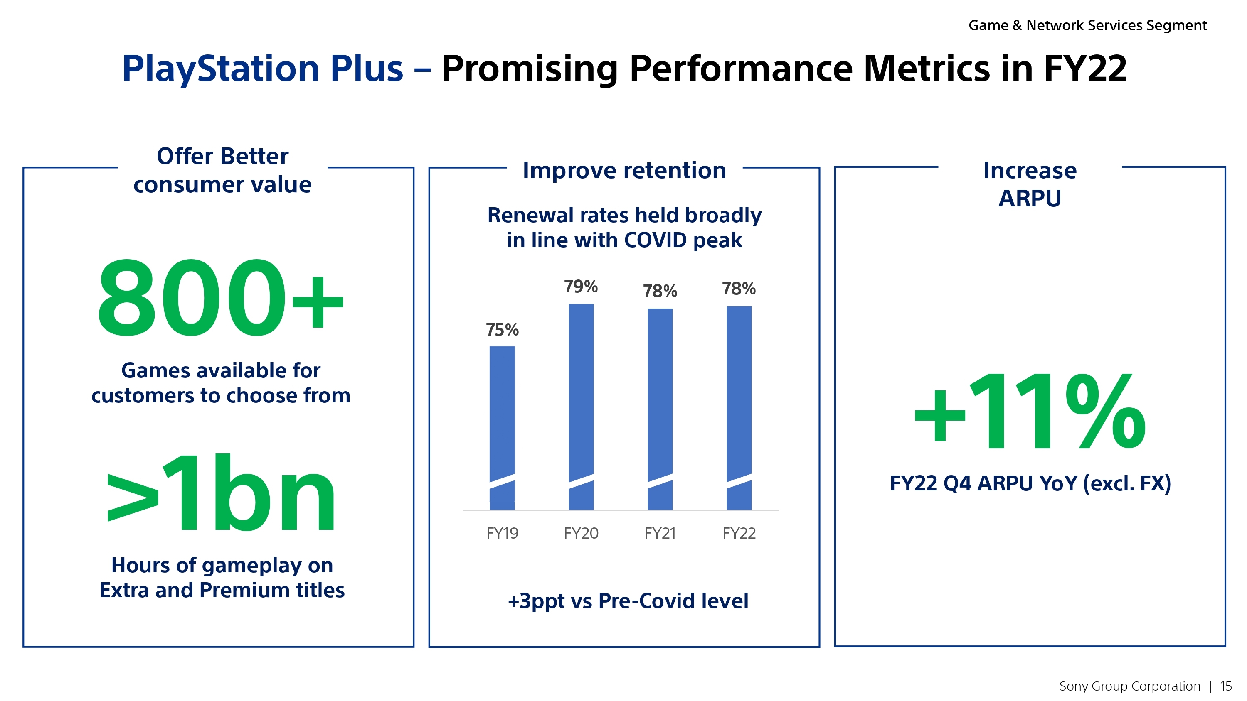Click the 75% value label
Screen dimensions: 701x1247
pos(502,330)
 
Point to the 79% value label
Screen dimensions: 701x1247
pos(581,287)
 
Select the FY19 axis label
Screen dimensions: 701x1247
pos(502,533)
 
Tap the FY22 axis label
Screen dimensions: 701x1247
pos(739,533)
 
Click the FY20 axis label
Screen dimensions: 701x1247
pos(581,533)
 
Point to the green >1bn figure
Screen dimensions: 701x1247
pos(220,493)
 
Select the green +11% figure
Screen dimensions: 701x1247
pos(1030,412)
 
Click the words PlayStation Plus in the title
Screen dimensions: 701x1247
pos(262,69)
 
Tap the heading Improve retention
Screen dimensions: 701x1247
pos(624,170)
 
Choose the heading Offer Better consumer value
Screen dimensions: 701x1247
pos(222,170)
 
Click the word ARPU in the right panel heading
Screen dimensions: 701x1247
pos(1030,199)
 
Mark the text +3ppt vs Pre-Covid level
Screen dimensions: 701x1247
pos(627,601)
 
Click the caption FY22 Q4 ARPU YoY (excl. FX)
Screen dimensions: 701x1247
pos(1030,483)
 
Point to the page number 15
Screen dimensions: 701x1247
pos(1226,686)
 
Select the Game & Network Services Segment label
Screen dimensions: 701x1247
pos(1087,25)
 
